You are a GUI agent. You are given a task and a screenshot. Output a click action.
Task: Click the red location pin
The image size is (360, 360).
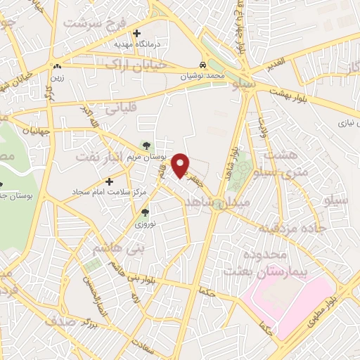pyautogui.click(x=181, y=165)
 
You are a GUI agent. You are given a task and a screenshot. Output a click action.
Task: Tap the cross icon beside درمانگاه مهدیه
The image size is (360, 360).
pyautogui.click(x=136, y=33)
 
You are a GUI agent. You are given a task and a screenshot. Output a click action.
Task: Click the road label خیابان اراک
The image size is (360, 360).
pyautogui.click(x=146, y=64)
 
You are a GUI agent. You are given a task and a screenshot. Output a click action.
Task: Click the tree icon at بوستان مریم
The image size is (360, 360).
pyautogui.click(x=146, y=146)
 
